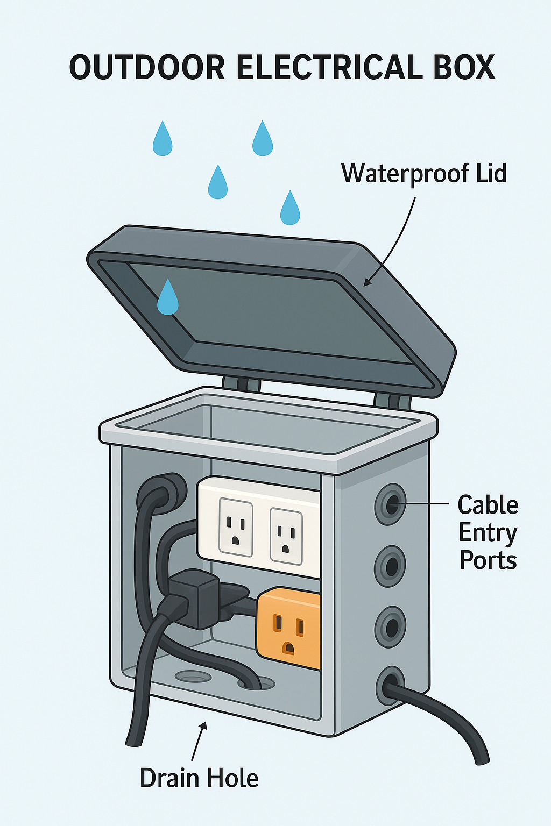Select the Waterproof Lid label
[423, 174]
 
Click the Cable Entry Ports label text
[488, 532]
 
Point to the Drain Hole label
[199, 778]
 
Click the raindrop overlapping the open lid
[167, 297]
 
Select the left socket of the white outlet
[236, 527]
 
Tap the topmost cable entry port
[391, 504]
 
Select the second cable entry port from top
[391, 566]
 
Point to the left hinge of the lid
[242, 384]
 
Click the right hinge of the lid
[392, 401]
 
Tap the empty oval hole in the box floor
[193, 676]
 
